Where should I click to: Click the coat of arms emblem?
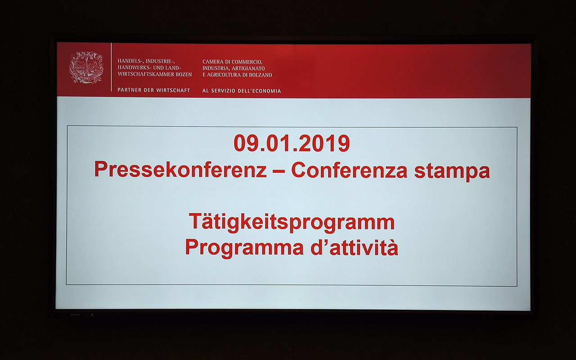click(x=86, y=67)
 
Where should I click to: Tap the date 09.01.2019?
click(x=292, y=144)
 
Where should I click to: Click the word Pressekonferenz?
click(x=180, y=170)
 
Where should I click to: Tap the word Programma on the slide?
click(x=244, y=247)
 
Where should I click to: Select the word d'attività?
click(x=354, y=247)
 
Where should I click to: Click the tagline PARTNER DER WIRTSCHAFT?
click(x=154, y=90)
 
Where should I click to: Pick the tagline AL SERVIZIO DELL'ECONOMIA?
click(x=242, y=91)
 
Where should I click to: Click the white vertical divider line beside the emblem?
click(x=111, y=67)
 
